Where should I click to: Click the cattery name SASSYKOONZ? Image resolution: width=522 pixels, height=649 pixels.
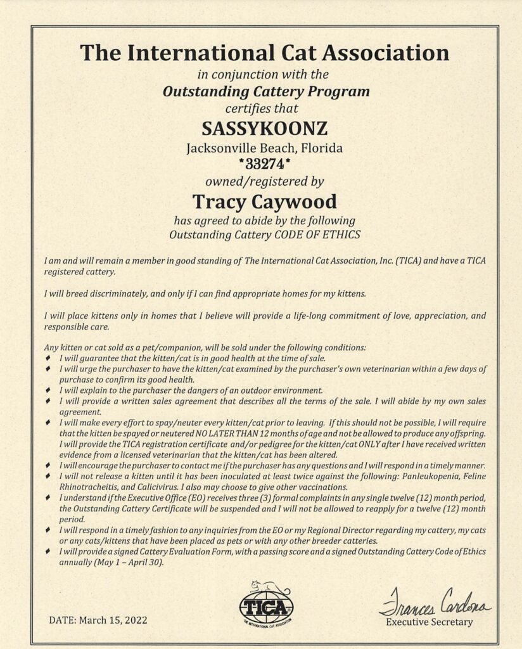coord(265,129)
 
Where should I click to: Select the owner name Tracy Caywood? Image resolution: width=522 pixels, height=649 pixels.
coord(265,202)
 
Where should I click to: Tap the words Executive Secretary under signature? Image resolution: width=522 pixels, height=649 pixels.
coord(430,622)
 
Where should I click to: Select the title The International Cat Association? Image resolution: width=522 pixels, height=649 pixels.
coord(265,52)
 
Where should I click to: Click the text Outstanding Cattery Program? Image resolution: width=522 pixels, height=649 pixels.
coord(266,91)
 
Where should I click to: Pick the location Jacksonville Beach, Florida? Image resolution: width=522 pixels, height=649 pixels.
coord(265,149)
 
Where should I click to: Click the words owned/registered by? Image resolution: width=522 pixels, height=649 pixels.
coord(265,183)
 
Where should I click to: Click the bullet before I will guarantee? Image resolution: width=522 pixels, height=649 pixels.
coord(49,359)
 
